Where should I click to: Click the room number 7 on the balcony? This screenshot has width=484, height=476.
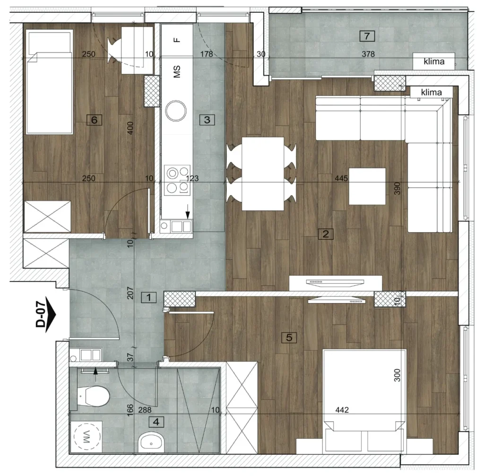pyautogui.click(x=367, y=36)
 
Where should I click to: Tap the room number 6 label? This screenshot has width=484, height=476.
pyautogui.click(x=94, y=120)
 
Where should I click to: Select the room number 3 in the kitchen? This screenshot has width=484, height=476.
pyautogui.click(x=207, y=120)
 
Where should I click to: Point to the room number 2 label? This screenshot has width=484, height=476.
pyautogui.click(x=326, y=234)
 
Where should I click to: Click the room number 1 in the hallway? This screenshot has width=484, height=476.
pyautogui.click(x=149, y=298)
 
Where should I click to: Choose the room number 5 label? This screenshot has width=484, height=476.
pyautogui.click(x=289, y=338)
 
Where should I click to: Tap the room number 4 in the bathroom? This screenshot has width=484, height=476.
pyautogui.click(x=156, y=422)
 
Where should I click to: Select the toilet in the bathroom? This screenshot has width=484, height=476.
pyautogui.click(x=93, y=396)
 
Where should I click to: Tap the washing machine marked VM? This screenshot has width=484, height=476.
pyautogui.click(x=86, y=437)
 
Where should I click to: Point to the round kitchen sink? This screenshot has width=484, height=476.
pyautogui.click(x=176, y=111)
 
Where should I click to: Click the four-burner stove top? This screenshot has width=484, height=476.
pyautogui.click(x=177, y=180)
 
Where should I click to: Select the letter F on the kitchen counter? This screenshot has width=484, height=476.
pyautogui.click(x=177, y=40)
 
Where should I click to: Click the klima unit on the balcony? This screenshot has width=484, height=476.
pyautogui.click(x=434, y=61)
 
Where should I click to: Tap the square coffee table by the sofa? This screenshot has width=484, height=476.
pyautogui.click(x=367, y=186)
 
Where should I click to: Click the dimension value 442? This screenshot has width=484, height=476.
pyautogui.click(x=342, y=410)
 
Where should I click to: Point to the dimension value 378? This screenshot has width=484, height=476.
pyautogui.click(x=368, y=54)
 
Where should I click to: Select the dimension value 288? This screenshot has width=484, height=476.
pyautogui.click(x=145, y=410)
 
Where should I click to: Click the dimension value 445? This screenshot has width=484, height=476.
pyautogui.click(x=341, y=178)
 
